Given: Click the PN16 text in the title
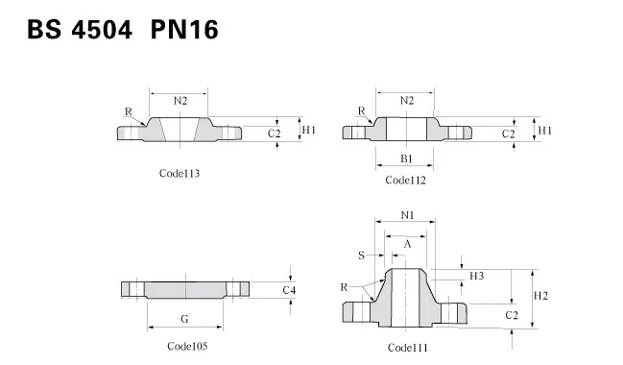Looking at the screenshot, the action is coord(184,30).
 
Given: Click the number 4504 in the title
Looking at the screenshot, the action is coord(102,30).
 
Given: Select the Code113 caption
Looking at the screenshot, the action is coord(180,173).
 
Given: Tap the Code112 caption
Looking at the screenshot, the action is coord(405,181).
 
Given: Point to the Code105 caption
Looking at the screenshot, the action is coord(187,346).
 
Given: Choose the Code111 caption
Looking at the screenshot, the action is coord(408,348).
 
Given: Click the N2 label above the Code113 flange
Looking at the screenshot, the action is coord(180,101).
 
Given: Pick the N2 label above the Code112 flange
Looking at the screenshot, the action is coord(407,101).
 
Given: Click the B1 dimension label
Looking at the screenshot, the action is coord(406,158).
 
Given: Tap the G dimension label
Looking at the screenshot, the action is coord(184,319).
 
